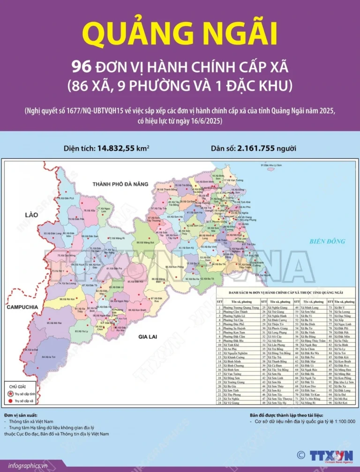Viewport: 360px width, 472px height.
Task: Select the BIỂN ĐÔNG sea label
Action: (x=327, y=242)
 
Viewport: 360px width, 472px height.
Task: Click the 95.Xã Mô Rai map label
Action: (x=54, y=323)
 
